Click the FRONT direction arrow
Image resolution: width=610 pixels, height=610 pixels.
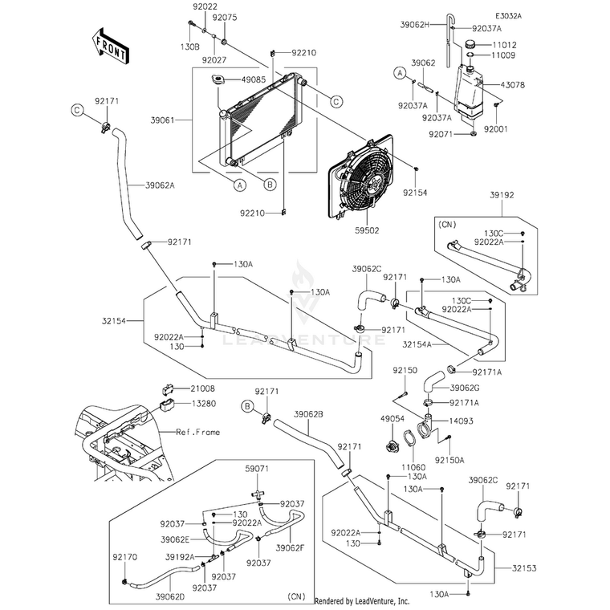111,46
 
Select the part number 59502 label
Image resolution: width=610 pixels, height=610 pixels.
367,230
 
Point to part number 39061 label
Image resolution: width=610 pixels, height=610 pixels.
163,120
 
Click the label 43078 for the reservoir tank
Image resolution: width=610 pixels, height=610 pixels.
512,85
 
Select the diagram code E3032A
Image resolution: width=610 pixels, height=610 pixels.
508,16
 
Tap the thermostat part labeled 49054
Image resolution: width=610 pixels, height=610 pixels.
391,445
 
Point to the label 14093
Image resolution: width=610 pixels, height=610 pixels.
461,421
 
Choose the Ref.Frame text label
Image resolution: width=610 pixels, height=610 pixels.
197,432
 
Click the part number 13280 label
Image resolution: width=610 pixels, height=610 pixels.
203,404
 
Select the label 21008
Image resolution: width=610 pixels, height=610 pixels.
202,388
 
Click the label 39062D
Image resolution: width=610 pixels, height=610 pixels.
170,596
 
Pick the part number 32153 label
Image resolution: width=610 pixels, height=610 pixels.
524,568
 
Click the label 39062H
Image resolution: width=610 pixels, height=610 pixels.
415,25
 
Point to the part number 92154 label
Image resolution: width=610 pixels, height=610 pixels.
415,193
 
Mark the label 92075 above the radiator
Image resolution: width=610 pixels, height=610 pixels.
225,18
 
